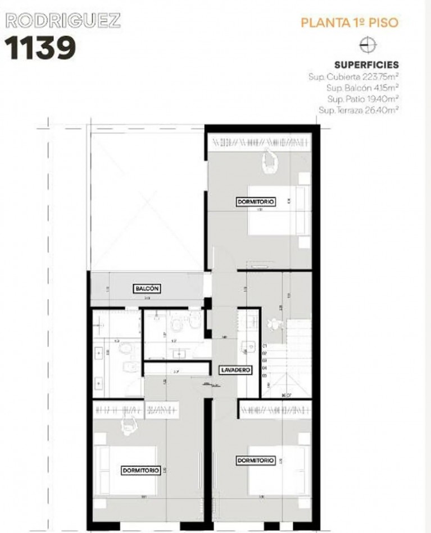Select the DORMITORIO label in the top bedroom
click(256, 201)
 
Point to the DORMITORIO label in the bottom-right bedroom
click(256, 460)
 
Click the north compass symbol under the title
click(368, 46)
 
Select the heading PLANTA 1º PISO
click(350, 24)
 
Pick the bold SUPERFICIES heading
click(366, 65)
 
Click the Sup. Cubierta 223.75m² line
click(353, 76)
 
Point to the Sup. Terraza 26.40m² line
click(359, 111)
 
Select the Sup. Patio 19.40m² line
click(362, 99)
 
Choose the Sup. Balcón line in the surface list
click(362, 88)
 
